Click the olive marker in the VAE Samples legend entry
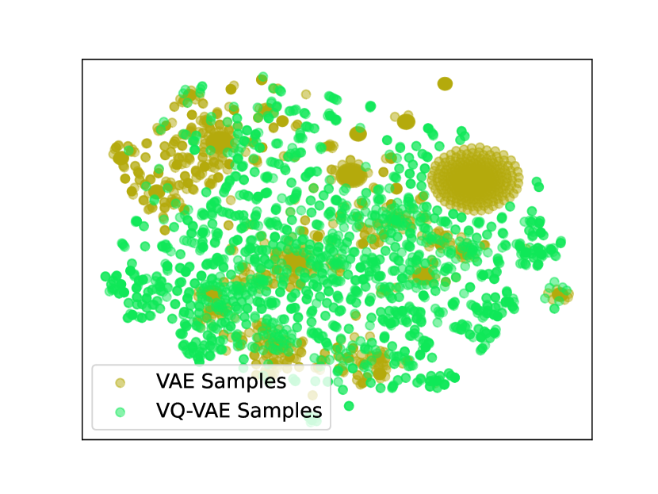[x=121, y=382]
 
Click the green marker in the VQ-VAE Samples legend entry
[x=121, y=412]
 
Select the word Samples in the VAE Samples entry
[x=244, y=382]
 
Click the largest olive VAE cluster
[x=476, y=179]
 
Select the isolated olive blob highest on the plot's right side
[x=445, y=84]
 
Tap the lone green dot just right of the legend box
[x=349, y=406]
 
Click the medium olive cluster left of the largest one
[x=351, y=174]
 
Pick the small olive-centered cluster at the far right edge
[x=559, y=294]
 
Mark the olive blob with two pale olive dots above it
[x=406, y=121]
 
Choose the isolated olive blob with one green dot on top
[x=358, y=134]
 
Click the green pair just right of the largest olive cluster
[x=537, y=184]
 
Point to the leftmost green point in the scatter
[x=105, y=276]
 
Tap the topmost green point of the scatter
[x=262, y=77]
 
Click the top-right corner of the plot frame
[x=592, y=59]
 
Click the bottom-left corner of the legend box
[x=93, y=429]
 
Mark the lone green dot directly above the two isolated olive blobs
[x=370, y=106]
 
